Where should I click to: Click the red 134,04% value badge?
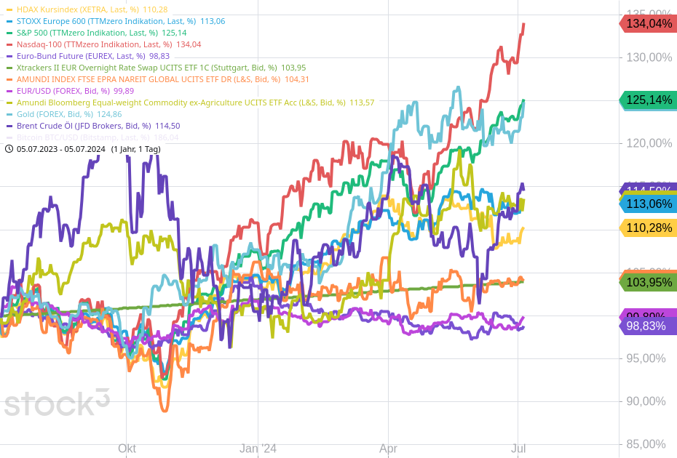pyautogui.click(x=647, y=24)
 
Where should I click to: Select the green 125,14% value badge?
pyautogui.click(x=647, y=100)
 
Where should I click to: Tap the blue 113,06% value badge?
pyautogui.click(x=647, y=204)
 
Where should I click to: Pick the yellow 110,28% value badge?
pyautogui.click(x=647, y=228)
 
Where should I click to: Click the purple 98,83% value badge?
pyautogui.click(x=647, y=326)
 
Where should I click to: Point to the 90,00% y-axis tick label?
pyautogui.click(x=646, y=401)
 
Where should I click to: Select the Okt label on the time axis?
pyautogui.click(x=127, y=449)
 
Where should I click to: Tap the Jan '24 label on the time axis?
pyautogui.click(x=258, y=449)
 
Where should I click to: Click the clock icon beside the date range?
pyautogui.click(x=9, y=149)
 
